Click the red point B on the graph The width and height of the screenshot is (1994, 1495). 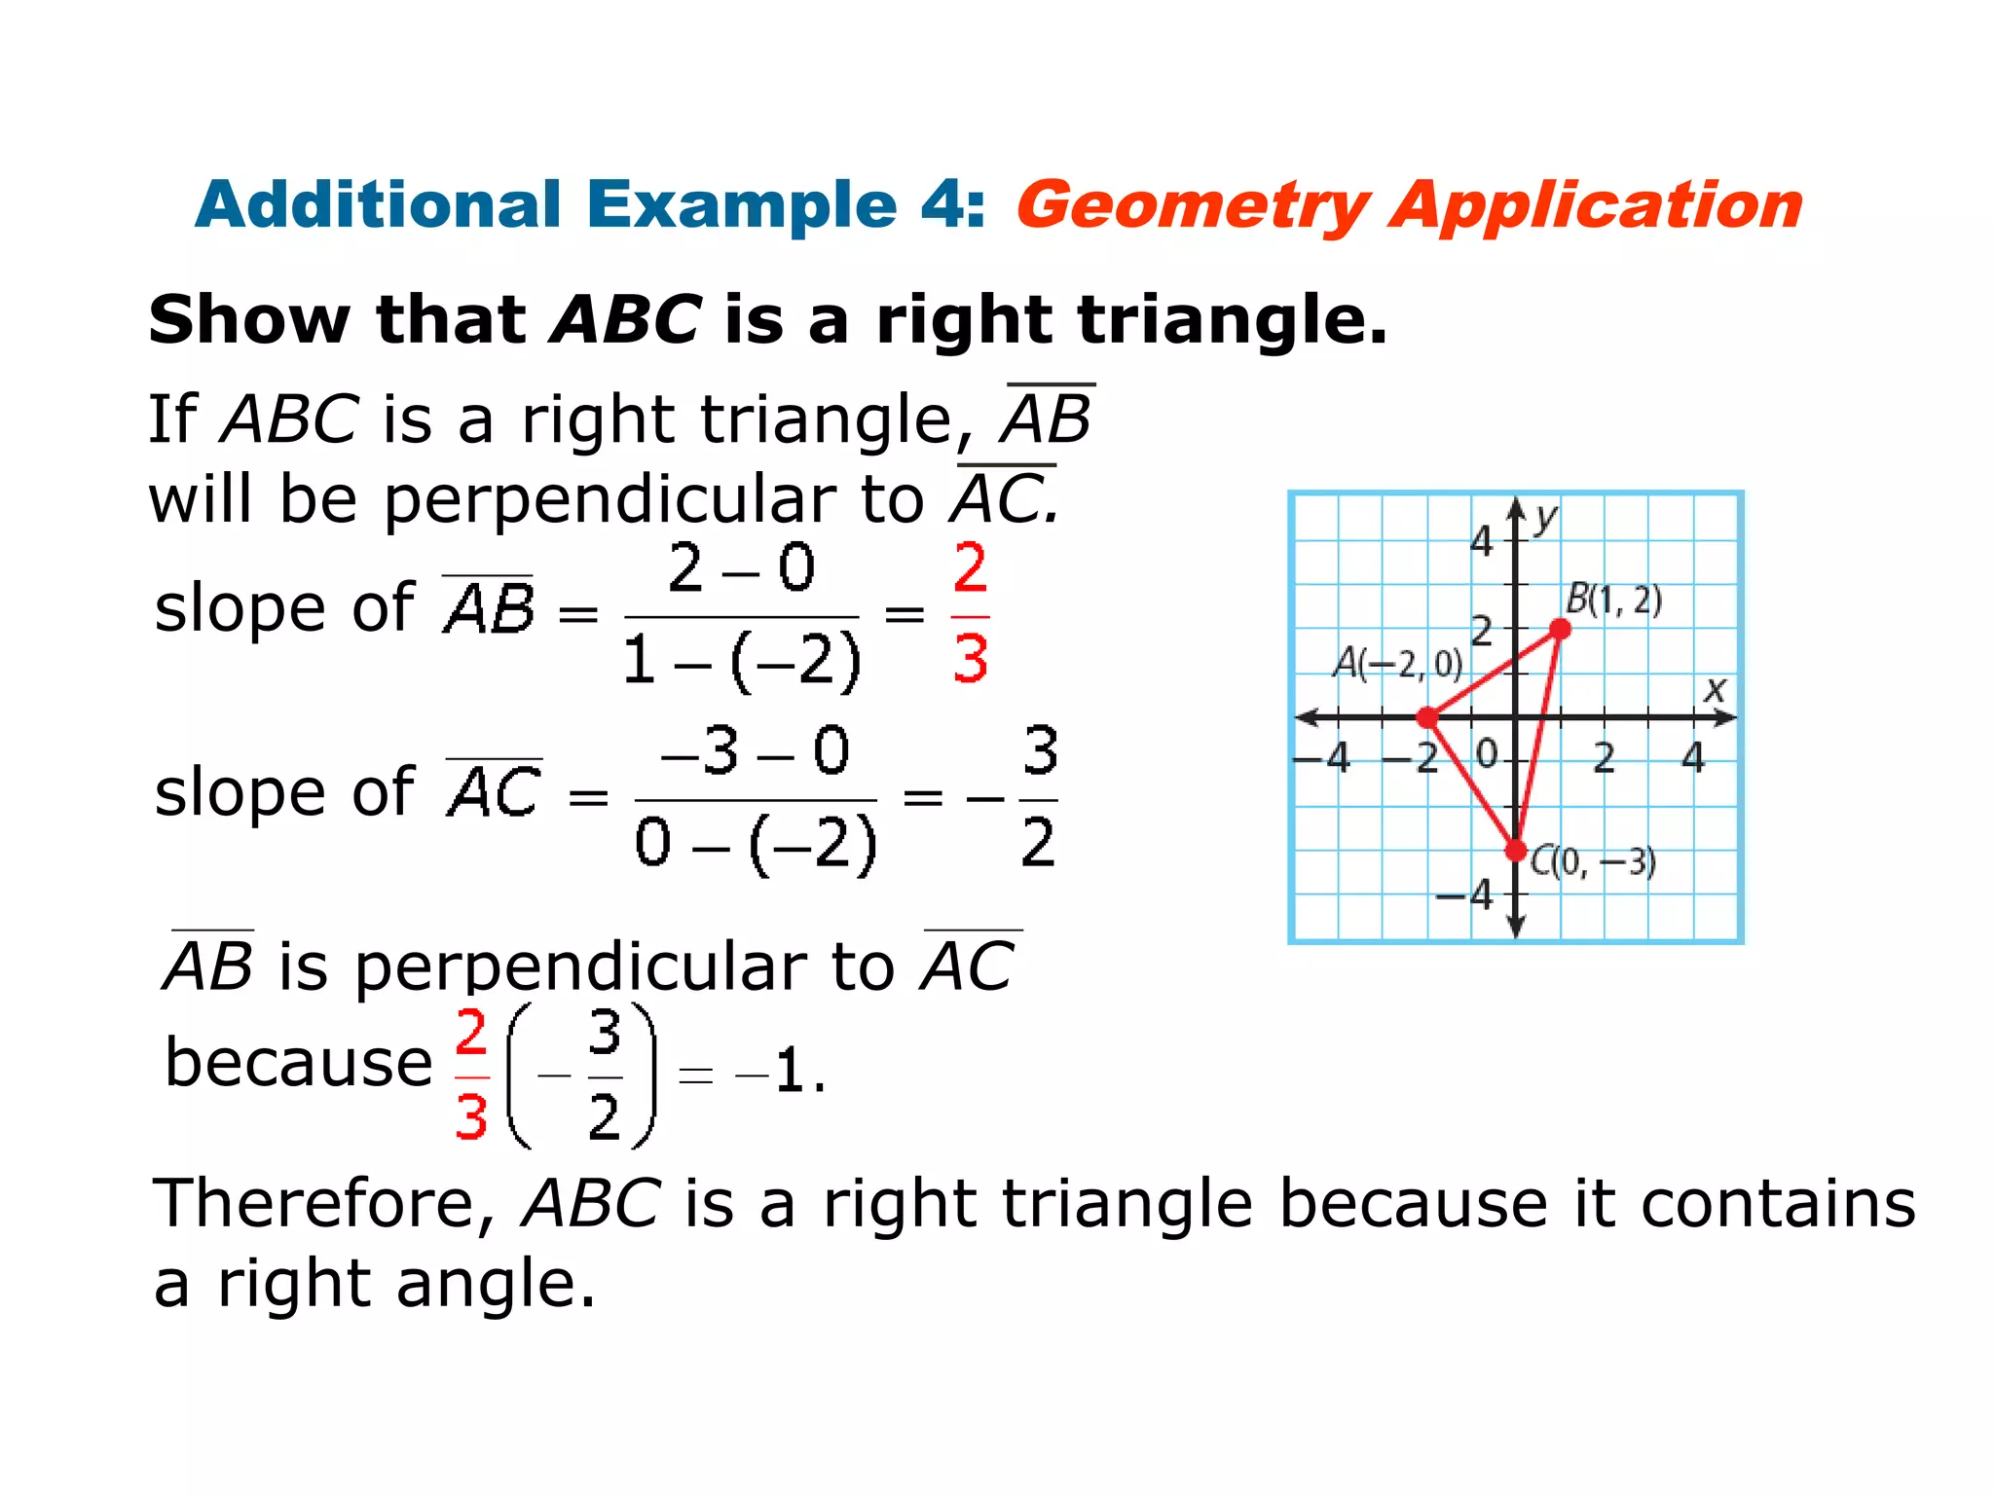(x=1560, y=629)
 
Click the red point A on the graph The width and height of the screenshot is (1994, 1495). (x=1427, y=718)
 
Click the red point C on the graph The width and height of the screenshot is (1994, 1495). (x=1516, y=851)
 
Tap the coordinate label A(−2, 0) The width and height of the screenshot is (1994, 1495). (x=1397, y=664)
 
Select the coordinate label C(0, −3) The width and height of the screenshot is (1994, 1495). (x=1593, y=861)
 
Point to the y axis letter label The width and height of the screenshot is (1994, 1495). (x=1545, y=518)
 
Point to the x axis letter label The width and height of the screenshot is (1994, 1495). (x=1715, y=690)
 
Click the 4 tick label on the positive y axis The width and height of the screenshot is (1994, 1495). (x=1481, y=541)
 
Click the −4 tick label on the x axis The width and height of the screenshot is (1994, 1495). (x=1322, y=757)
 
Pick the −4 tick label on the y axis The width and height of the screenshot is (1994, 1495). (x=1465, y=894)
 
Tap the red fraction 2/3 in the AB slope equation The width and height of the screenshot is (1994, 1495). (x=970, y=613)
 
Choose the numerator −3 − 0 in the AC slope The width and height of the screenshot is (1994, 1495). (x=755, y=751)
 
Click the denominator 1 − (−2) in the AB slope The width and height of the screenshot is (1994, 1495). (x=742, y=660)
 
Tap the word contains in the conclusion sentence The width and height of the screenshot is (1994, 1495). (x=1778, y=1204)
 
